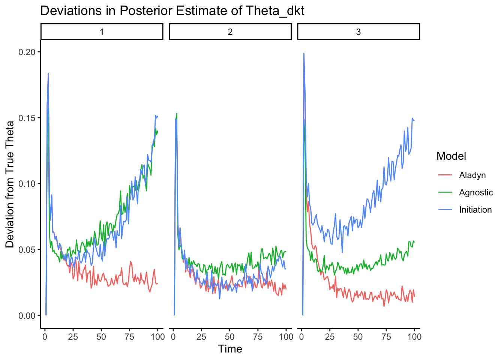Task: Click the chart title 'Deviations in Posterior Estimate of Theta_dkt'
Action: [172, 11]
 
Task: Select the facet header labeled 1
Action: [102, 32]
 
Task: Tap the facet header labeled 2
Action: [230, 32]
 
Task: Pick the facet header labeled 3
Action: [358, 32]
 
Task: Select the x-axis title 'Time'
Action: [230, 349]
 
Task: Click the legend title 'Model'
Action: [451, 156]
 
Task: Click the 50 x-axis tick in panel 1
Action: [101, 336]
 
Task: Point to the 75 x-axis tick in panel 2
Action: [258, 336]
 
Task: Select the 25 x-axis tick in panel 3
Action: [330, 336]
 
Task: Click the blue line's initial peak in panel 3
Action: [304, 53]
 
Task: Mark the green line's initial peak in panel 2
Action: [177, 113]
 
